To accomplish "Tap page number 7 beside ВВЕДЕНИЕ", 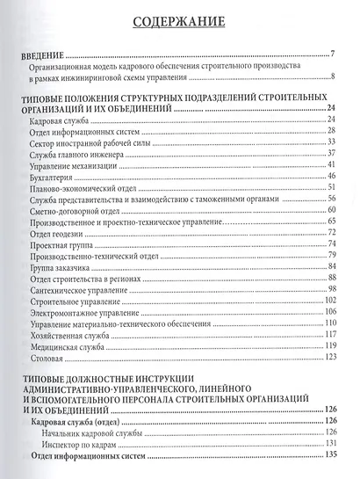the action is (335, 54).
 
